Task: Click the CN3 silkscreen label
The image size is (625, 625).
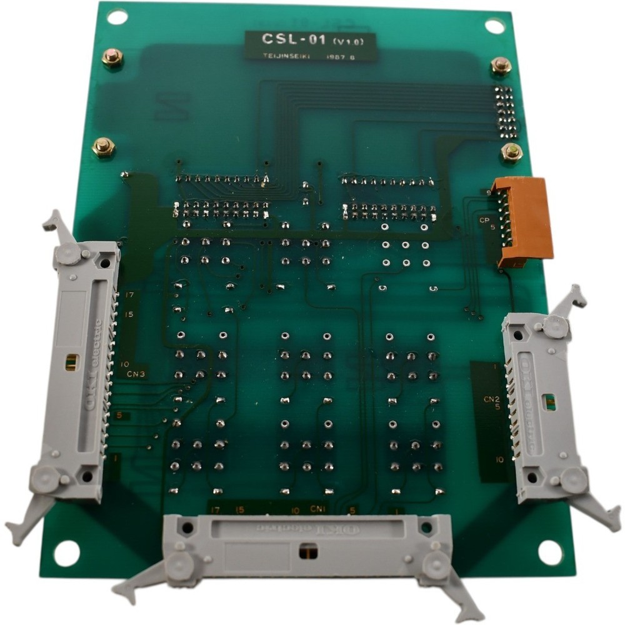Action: tap(136, 374)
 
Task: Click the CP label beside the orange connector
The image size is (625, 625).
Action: tap(484, 220)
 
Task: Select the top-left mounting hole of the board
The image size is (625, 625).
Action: tap(117, 17)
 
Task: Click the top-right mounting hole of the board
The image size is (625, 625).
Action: tap(494, 27)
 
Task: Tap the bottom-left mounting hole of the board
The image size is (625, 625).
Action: tap(66, 552)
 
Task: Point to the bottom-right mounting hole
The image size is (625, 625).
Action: tap(550, 552)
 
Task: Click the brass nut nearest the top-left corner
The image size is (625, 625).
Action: tap(112, 58)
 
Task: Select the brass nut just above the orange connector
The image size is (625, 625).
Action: tap(512, 152)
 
